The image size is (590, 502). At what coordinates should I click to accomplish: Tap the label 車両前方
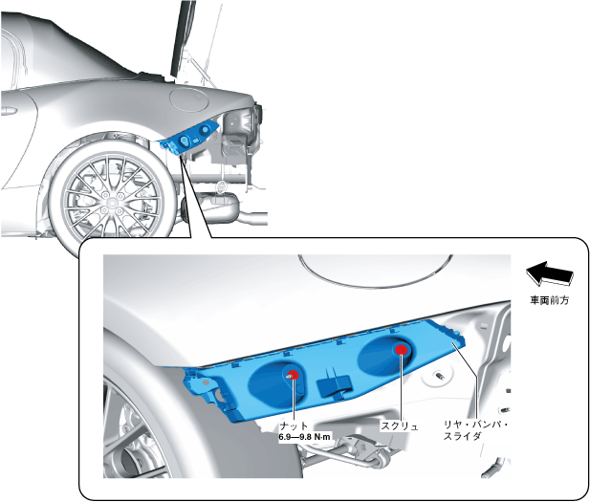tap(550, 300)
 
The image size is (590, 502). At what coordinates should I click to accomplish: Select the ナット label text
tap(294, 426)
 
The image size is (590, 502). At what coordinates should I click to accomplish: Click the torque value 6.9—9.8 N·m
tap(304, 437)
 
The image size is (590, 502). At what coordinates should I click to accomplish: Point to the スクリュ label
tap(400, 426)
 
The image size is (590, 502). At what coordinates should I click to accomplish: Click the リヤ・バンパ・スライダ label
tap(476, 431)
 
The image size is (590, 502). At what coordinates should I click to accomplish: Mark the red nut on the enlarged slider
tap(293, 375)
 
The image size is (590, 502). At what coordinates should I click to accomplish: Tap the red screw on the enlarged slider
tap(402, 350)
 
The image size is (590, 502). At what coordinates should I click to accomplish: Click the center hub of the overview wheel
tap(112, 203)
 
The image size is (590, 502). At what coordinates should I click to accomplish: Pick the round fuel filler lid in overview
tap(189, 98)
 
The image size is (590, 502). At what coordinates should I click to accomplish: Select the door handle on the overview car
tap(9, 111)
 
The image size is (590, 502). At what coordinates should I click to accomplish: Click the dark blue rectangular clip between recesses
tap(335, 384)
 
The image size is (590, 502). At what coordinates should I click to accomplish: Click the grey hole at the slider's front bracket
tap(206, 382)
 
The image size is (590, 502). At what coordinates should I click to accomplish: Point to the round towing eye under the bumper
tap(223, 186)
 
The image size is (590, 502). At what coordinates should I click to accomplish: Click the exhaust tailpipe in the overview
tap(254, 217)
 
